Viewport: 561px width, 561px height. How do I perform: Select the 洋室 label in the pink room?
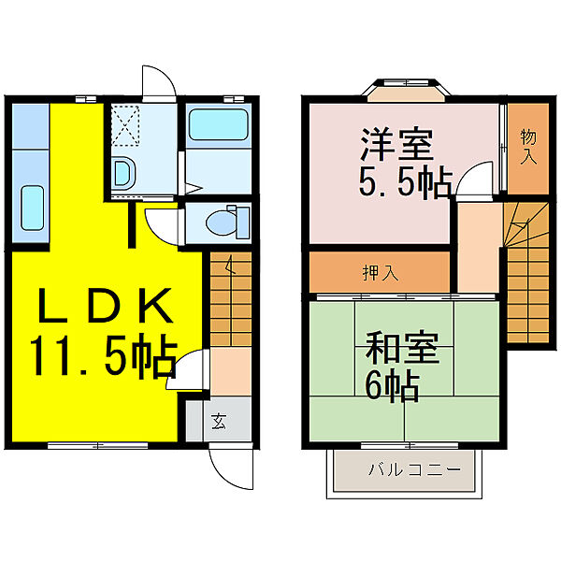pyautogui.click(x=396, y=148)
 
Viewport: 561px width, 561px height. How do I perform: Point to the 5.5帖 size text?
pyautogui.click(x=405, y=180)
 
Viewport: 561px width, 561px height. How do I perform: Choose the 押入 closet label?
pyautogui.click(x=380, y=273)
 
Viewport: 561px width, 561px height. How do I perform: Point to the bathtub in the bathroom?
pyautogui.click(x=217, y=126)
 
